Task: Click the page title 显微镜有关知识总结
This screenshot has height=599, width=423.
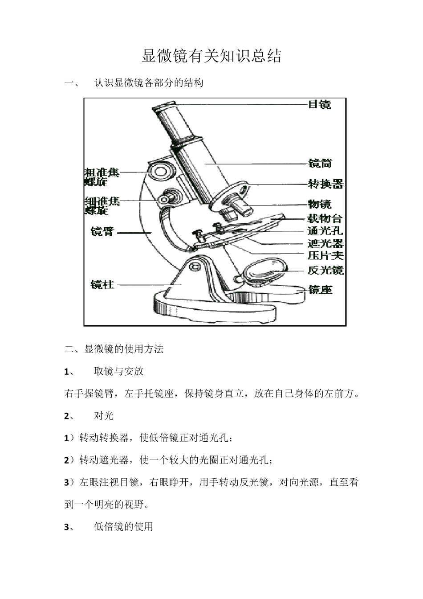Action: (211, 56)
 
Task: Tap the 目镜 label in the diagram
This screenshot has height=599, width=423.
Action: (320, 105)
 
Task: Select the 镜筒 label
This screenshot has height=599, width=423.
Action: (320, 164)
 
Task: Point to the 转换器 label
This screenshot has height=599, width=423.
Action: (325, 184)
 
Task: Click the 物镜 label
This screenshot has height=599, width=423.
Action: (320, 204)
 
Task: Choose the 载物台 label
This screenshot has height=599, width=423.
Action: (325, 218)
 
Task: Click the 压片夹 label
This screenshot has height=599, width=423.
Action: (325, 256)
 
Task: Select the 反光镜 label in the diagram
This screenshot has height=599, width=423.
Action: (325, 270)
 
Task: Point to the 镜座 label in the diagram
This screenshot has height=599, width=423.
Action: (320, 290)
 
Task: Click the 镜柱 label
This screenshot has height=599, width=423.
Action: (102, 284)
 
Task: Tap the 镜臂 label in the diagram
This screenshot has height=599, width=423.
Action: (102, 232)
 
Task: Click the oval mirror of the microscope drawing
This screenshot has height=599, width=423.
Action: (264, 269)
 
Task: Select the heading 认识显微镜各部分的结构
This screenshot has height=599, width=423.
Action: (149, 83)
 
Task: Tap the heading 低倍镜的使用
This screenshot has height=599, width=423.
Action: (123, 527)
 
